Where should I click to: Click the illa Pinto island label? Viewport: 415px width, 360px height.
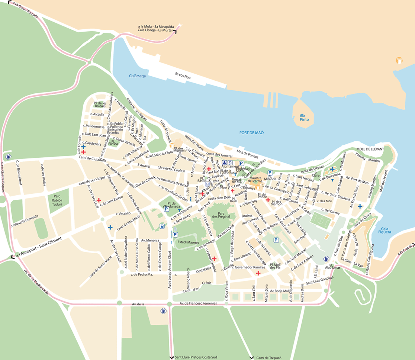click(x=307, y=117)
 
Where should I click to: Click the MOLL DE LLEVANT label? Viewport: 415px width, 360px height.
click(x=370, y=149)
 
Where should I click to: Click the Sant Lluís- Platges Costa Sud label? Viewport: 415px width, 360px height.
click(x=196, y=357)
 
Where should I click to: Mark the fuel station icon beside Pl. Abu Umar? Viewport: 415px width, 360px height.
click(x=326, y=259)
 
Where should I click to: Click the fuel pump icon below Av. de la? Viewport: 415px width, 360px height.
click(x=163, y=311)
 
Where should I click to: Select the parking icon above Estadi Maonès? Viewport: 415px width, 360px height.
click(x=175, y=234)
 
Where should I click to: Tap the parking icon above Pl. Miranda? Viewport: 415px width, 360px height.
click(x=270, y=173)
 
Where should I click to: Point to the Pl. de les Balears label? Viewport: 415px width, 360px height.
click(x=100, y=105)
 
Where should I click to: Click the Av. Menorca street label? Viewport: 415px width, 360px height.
click(x=150, y=240)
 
